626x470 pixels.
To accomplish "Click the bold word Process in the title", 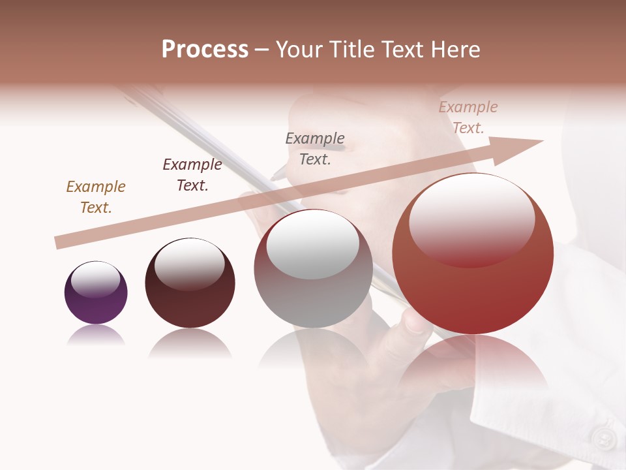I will tap(205, 50).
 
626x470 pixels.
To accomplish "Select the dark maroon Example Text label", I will tap(192, 175).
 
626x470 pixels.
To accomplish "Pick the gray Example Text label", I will tap(315, 149).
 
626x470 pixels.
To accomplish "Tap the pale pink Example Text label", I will tap(468, 117).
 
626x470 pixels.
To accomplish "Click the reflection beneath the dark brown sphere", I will tap(190, 343).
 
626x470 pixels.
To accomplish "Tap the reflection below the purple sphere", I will tap(96, 336).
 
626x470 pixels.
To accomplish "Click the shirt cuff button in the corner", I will tap(605, 438).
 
